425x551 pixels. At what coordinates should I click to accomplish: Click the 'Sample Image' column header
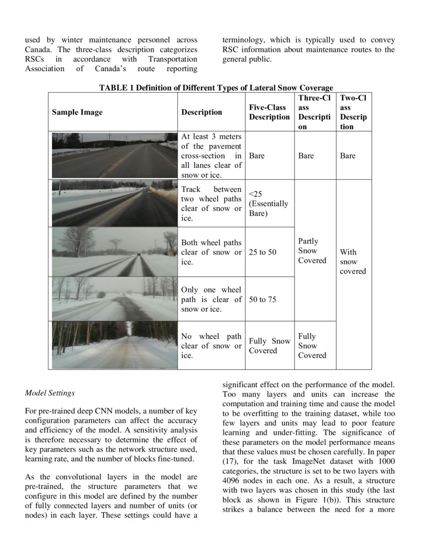77,112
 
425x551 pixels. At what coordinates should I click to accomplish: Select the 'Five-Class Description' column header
269,112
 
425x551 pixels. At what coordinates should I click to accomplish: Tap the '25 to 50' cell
262,252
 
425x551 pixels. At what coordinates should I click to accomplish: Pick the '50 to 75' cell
262,300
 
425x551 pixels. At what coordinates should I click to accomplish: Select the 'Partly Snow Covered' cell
312,251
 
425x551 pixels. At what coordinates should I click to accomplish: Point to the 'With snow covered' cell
353,261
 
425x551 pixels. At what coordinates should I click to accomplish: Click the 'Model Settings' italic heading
49,393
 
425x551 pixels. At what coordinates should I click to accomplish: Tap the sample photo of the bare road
114,155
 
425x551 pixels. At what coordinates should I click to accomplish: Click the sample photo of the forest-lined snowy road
114,345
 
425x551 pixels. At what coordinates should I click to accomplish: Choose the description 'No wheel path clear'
211,346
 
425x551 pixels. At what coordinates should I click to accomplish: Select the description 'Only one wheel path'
211,300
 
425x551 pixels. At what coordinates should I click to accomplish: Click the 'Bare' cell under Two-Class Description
347,156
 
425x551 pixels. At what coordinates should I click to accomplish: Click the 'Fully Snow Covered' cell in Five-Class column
269,346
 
